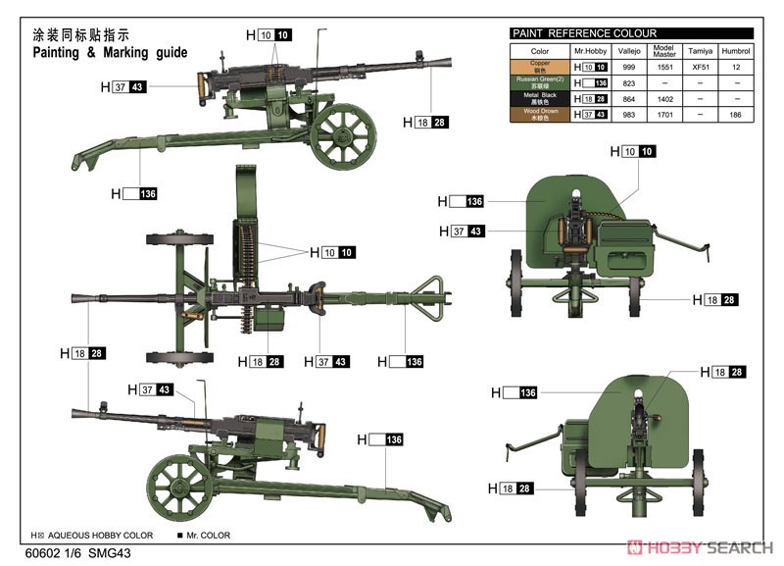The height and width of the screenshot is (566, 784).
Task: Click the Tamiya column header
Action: (x=700, y=50)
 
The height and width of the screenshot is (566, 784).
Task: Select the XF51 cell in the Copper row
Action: (x=700, y=67)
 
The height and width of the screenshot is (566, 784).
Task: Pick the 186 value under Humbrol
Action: (x=736, y=115)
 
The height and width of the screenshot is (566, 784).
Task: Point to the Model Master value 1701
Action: (x=663, y=115)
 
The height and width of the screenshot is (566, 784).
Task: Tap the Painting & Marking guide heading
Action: (x=110, y=52)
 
